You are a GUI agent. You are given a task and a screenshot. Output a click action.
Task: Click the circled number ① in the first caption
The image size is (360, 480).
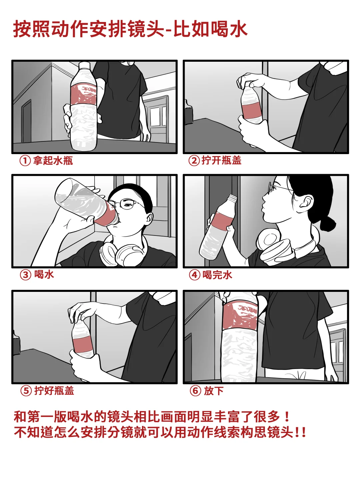pyautogui.click(x=25, y=161)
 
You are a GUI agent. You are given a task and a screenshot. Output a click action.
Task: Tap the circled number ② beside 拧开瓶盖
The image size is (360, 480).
pyautogui.click(x=194, y=161)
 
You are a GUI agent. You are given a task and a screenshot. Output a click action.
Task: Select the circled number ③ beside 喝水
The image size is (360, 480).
pyautogui.click(x=25, y=275)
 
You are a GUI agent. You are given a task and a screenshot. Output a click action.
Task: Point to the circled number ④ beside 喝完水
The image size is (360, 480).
pyautogui.click(x=195, y=275)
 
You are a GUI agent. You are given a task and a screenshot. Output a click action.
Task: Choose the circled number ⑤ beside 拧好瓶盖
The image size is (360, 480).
pyautogui.click(x=26, y=391)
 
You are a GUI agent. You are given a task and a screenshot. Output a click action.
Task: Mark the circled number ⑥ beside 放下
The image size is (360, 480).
pyautogui.click(x=195, y=391)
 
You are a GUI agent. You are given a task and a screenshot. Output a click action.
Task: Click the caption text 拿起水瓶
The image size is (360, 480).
pyautogui.click(x=53, y=161)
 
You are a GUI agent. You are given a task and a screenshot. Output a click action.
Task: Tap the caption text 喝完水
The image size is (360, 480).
pyautogui.click(x=217, y=275)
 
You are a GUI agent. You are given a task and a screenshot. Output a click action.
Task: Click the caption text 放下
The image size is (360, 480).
pyautogui.click(x=214, y=391)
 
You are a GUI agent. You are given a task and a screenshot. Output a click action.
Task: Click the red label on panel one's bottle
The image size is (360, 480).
pyautogui.click(x=84, y=94)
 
